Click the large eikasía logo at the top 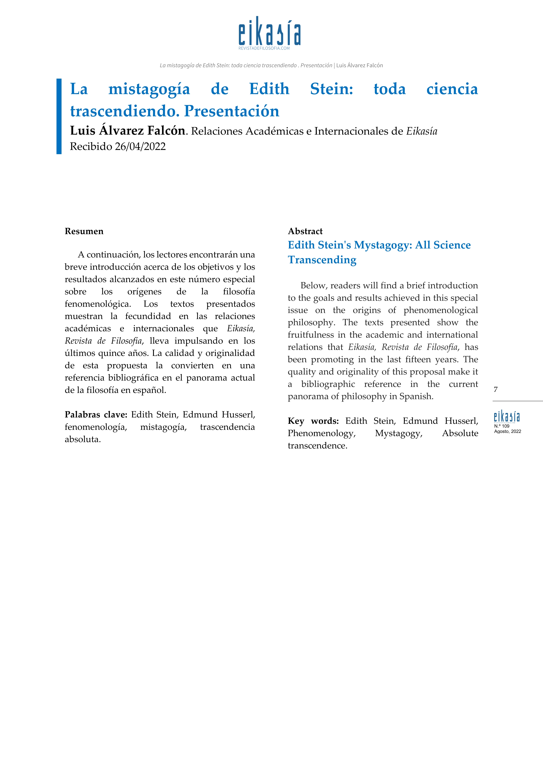click(270, 32)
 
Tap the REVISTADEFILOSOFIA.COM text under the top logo click(264, 48)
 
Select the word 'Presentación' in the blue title click(231, 111)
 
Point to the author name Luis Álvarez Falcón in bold click(127, 131)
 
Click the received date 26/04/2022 click(140, 147)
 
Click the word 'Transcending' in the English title click(322, 260)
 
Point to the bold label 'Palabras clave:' click(96, 415)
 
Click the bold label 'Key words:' click(313, 421)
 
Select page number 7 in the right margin click(495, 389)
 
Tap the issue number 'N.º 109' click(502, 426)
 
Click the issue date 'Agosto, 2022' click(507, 431)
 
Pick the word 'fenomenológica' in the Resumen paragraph click(97, 304)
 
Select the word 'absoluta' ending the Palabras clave click(82, 440)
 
